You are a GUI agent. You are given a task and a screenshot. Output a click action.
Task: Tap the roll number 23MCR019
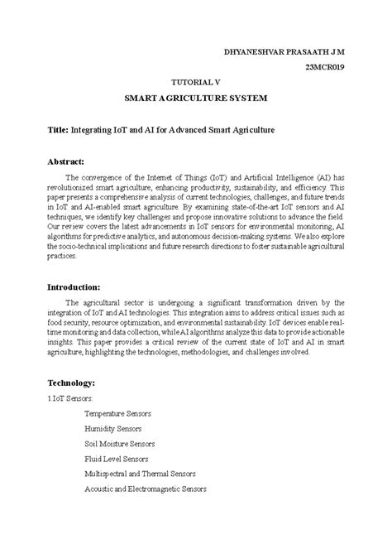tap(325, 67)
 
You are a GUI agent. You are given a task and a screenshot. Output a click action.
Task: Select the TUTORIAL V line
tap(195, 83)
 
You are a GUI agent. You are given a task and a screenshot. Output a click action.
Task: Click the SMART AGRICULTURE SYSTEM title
tap(195, 99)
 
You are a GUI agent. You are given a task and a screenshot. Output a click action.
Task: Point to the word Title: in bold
tap(57, 131)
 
